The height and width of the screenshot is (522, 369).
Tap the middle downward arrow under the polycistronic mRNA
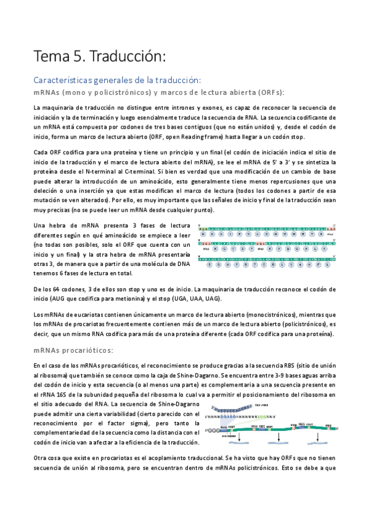[x=278, y=436]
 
